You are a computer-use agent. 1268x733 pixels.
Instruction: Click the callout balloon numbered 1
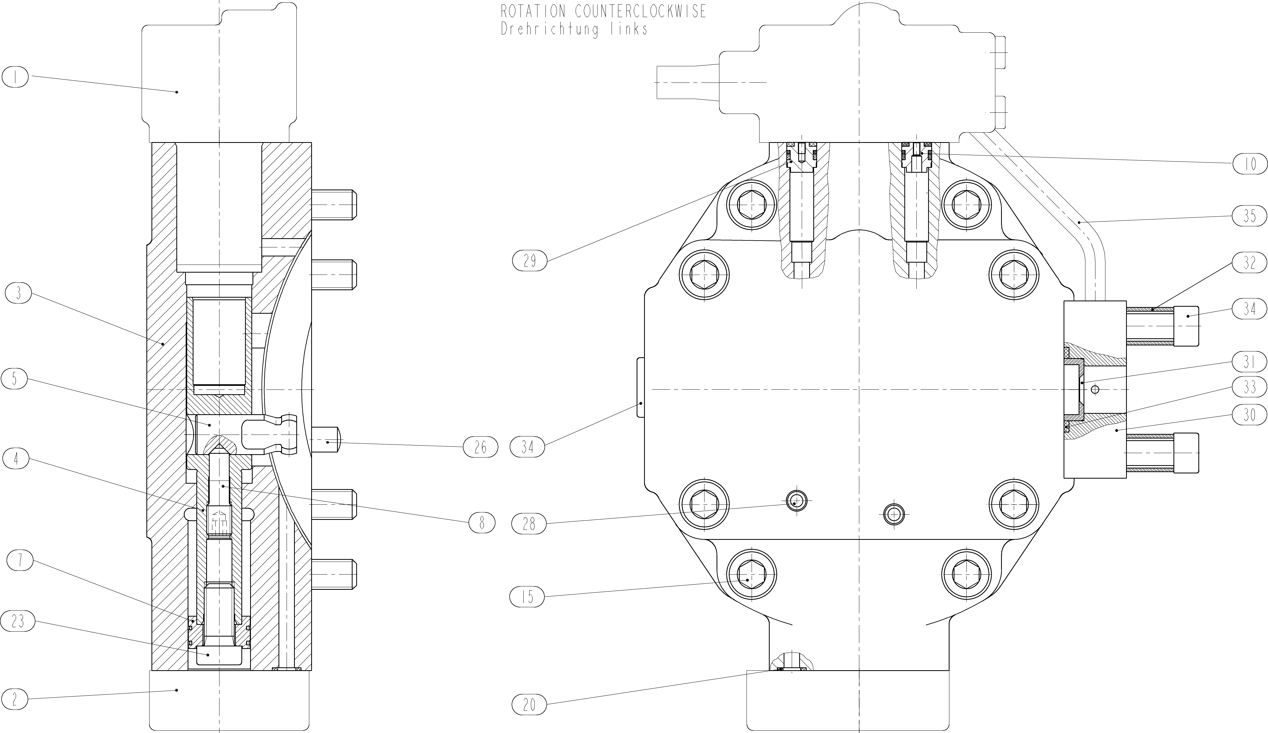coord(16,78)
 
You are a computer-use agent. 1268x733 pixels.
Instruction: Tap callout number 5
coord(15,379)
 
